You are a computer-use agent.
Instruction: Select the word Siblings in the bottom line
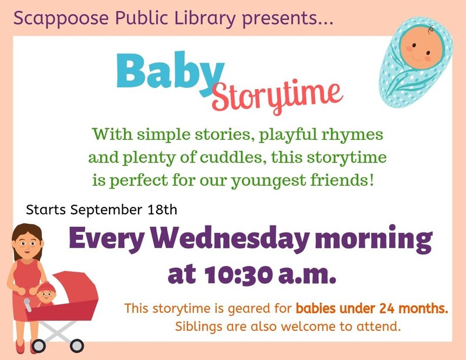point(198,326)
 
